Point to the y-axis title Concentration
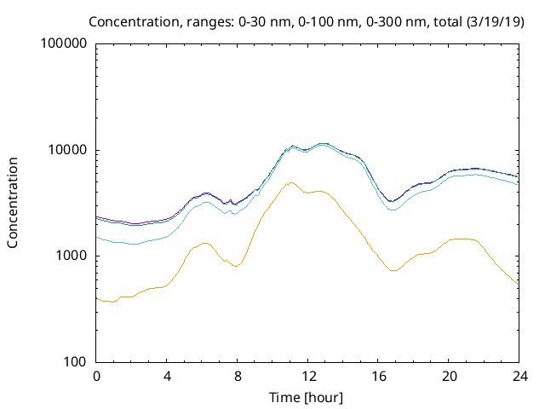coord(14,203)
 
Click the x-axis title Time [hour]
coord(307,397)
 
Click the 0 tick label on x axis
coord(97,377)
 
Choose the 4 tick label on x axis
coord(167,377)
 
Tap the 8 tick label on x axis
coord(238,377)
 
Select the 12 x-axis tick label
coord(307,377)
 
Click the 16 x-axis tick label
coord(378,377)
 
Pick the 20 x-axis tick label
coord(448,377)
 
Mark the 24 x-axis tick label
coord(518,377)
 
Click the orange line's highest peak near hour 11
coord(290,182)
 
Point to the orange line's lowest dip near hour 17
coord(393,271)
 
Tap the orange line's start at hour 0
coord(98,299)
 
